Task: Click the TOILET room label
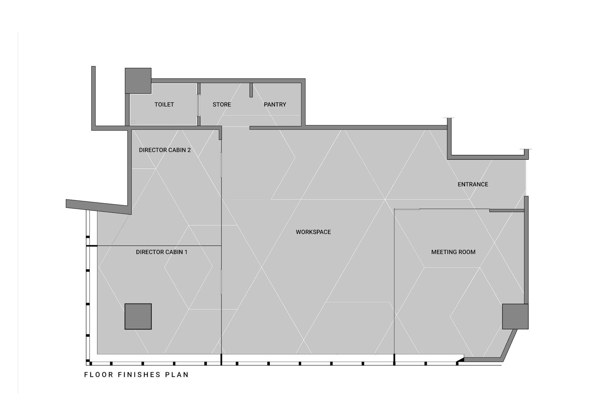click(x=164, y=104)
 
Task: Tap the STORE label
click(x=222, y=104)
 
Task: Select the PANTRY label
click(x=275, y=104)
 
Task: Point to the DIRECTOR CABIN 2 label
click(x=165, y=150)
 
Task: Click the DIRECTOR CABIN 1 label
click(x=162, y=252)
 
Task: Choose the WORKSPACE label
click(x=313, y=232)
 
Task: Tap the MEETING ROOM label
click(x=453, y=252)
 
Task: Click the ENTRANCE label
click(x=473, y=184)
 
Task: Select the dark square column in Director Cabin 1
click(x=138, y=316)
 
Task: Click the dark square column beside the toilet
click(x=138, y=81)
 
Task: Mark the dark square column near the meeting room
click(x=515, y=316)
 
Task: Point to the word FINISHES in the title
click(x=139, y=375)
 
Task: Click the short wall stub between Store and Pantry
click(x=251, y=90)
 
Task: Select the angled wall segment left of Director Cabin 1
click(x=99, y=207)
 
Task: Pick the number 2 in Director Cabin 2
click(x=189, y=150)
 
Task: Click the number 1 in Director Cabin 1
click(x=186, y=252)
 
